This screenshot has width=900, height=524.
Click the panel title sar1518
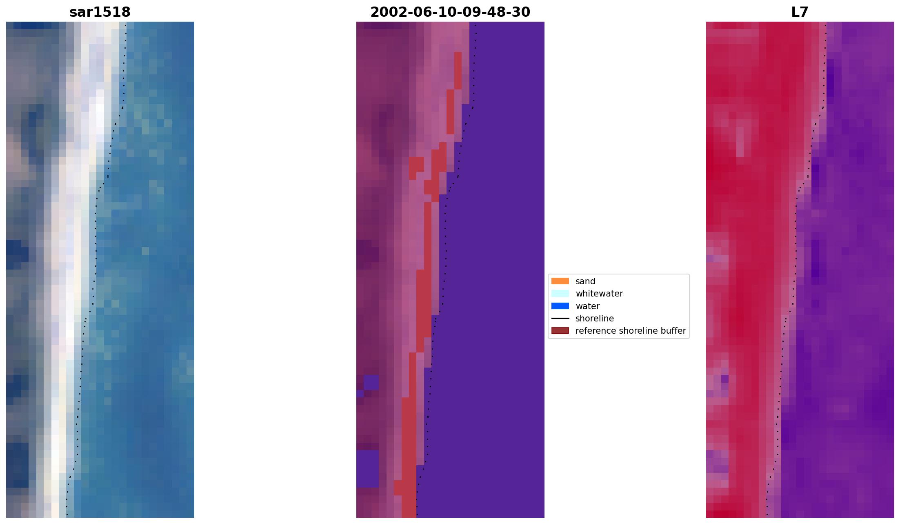(x=100, y=12)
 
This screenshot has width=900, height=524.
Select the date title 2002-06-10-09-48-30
(x=450, y=12)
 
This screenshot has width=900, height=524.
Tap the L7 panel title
(x=800, y=12)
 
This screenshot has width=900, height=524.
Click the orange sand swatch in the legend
(x=560, y=281)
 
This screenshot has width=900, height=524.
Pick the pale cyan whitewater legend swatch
(x=560, y=293)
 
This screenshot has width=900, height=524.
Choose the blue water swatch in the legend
(x=560, y=306)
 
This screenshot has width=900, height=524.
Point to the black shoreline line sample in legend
(x=560, y=318)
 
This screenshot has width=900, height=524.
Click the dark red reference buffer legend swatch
(x=560, y=330)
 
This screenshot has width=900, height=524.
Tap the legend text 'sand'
(x=585, y=281)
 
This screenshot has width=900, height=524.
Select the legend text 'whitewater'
(x=599, y=294)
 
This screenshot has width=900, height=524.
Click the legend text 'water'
(x=587, y=306)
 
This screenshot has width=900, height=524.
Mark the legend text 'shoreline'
(x=594, y=319)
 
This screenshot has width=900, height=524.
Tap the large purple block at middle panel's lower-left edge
(x=367, y=468)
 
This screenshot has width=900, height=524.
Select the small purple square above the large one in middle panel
(x=371, y=383)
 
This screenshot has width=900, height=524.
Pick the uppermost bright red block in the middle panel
(x=458, y=70)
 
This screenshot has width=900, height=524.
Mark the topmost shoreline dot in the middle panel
(x=475, y=26)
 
